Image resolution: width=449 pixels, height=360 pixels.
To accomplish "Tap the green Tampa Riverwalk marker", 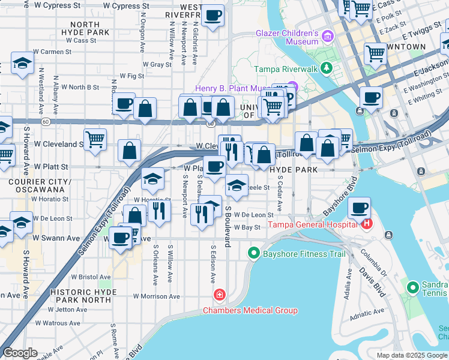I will pos(327,68).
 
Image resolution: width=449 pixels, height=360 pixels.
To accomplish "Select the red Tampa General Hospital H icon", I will pos(367,225).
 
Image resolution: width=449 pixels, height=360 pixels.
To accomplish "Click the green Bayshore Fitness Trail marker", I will pos(255,254).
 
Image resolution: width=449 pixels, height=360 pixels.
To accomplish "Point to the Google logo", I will pos(20,353).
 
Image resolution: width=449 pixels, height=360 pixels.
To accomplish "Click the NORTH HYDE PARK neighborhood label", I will pos(89,28).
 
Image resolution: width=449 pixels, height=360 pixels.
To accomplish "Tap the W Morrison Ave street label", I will pos(157,296).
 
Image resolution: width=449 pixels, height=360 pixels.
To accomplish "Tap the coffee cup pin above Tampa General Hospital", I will pos(360,209).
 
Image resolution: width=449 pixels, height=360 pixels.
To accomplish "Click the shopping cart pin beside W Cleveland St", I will pos(95,140).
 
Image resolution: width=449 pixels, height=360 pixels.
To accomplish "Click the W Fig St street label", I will pos(132,76).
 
